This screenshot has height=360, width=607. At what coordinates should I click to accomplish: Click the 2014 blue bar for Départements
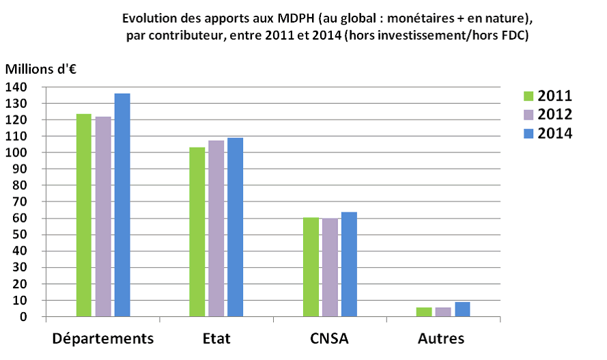pyautogui.click(x=122, y=205)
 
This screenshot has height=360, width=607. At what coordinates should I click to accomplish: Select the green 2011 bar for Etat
pyautogui.click(x=197, y=232)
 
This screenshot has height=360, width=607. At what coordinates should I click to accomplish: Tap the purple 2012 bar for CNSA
pyautogui.click(x=330, y=268)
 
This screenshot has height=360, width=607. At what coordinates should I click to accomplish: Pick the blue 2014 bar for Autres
pyautogui.click(x=462, y=309)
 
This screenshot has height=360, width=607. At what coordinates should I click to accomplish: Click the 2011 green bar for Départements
pyautogui.click(x=84, y=215)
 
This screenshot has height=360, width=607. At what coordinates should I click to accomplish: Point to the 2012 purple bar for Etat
pyautogui.click(x=216, y=229)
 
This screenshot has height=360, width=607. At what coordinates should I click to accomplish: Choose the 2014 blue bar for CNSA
pyautogui.click(x=349, y=264)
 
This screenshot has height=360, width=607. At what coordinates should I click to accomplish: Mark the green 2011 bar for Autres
pyautogui.click(x=424, y=312)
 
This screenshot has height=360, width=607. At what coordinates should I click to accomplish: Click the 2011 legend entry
pyautogui.click(x=546, y=96)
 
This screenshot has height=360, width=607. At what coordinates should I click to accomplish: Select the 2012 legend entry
pyautogui.click(x=546, y=114)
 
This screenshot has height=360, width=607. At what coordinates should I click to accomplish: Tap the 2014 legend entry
pyautogui.click(x=546, y=133)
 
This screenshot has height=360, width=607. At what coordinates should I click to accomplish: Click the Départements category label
pyautogui.click(x=103, y=339)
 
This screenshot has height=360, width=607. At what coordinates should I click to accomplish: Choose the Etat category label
pyautogui.click(x=216, y=339)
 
